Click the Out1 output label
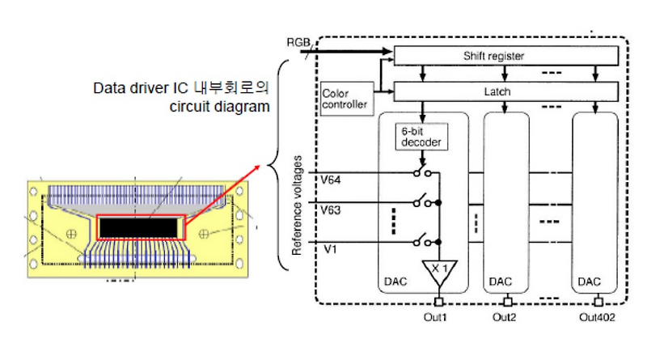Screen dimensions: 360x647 point(438,317)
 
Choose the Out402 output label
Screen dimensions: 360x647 point(597,317)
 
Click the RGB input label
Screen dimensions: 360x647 point(297,40)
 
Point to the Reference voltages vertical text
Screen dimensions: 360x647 point(298,208)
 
